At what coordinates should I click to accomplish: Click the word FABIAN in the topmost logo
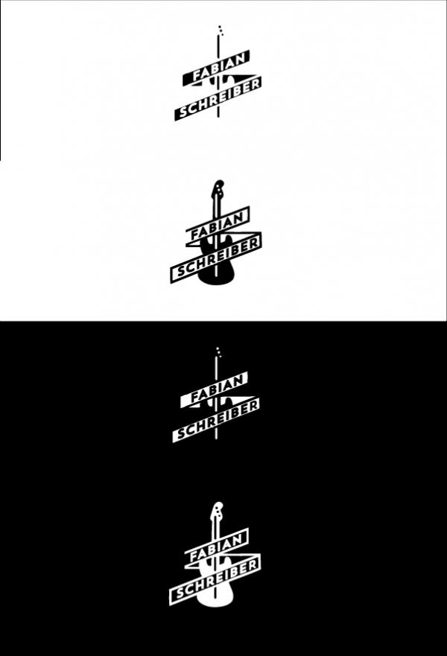tap(218, 68)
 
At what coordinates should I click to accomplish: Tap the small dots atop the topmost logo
tap(221, 30)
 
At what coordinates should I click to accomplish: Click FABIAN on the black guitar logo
tap(218, 226)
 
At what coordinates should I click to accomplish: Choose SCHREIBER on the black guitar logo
tap(217, 258)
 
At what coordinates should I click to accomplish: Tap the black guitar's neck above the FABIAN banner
tap(216, 206)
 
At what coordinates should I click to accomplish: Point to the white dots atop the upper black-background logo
tap(218, 351)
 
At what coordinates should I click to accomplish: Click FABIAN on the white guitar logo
tap(216, 548)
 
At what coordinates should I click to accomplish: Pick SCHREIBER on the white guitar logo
tap(216, 580)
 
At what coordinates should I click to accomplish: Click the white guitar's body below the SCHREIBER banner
tap(215, 597)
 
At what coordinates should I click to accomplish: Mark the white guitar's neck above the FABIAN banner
tap(215, 528)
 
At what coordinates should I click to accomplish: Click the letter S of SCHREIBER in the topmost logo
tap(184, 112)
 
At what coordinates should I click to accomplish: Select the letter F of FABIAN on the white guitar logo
tap(194, 556)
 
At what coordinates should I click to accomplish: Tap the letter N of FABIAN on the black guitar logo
tap(238, 219)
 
